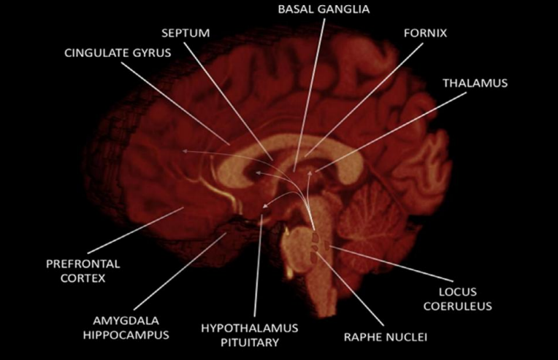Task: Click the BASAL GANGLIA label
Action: [x=324, y=9]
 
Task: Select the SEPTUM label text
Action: [x=186, y=33]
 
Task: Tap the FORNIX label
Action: [x=425, y=33]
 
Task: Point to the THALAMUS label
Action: [x=475, y=83]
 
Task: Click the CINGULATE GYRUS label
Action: [x=118, y=53]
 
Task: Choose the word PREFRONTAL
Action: [x=83, y=264]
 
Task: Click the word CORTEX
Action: [x=83, y=278]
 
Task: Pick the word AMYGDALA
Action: [x=126, y=321]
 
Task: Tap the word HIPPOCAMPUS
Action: [x=126, y=335]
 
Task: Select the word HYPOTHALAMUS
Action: [x=250, y=328]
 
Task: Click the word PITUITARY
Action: [x=250, y=342]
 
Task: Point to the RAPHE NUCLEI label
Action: [x=386, y=337]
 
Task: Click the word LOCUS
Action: [x=458, y=291]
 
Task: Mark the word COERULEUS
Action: [x=458, y=306]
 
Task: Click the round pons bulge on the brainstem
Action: [x=298, y=249]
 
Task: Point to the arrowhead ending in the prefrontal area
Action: [x=185, y=151]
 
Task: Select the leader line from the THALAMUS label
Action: [x=391, y=132]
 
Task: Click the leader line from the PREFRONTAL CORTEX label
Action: [x=136, y=231]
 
